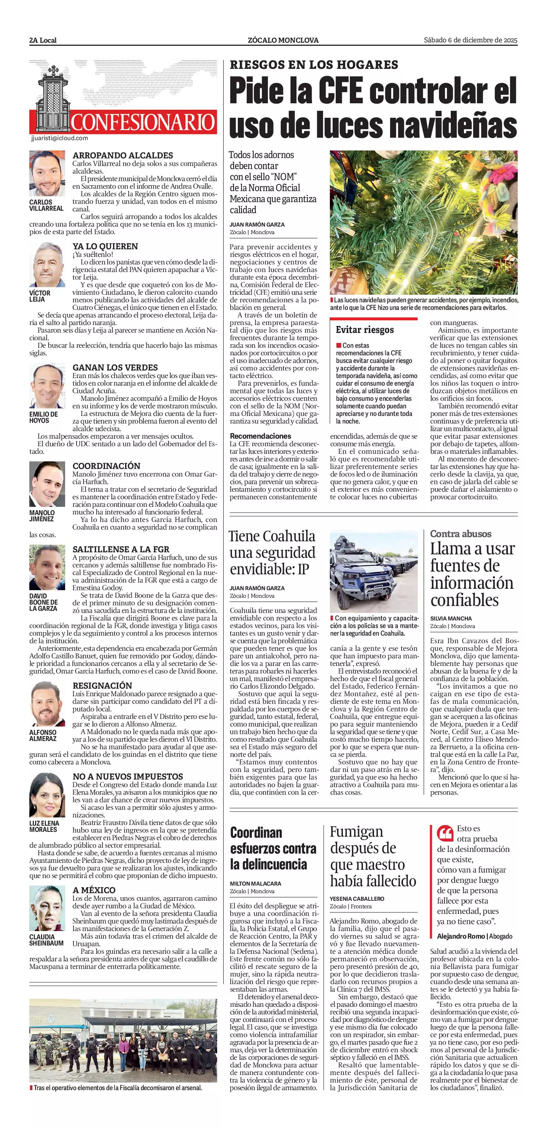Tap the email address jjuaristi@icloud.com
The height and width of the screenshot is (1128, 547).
[x=60, y=138]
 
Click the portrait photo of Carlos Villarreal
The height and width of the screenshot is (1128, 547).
[x=47, y=174]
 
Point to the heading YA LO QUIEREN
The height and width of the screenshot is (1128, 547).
[x=105, y=247]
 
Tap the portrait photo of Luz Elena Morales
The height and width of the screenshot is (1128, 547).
[x=47, y=795]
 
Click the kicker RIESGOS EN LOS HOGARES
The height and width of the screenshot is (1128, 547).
[x=314, y=65]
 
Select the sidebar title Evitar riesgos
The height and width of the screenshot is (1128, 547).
[x=365, y=330]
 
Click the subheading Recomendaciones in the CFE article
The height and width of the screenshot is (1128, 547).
[x=260, y=436]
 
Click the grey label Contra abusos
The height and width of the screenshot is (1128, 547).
[x=460, y=534]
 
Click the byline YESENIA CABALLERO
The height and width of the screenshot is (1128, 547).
[x=357, y=899]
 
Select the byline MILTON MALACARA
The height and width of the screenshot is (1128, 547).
[x=255, y=884]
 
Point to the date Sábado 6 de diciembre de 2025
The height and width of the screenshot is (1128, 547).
[x=470, y=40]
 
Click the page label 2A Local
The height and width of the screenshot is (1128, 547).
[x=43, y=40]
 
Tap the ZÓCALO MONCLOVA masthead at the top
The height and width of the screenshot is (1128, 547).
[x=283, y=40]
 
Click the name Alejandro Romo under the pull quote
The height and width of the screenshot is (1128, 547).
[x=460, y=936]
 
